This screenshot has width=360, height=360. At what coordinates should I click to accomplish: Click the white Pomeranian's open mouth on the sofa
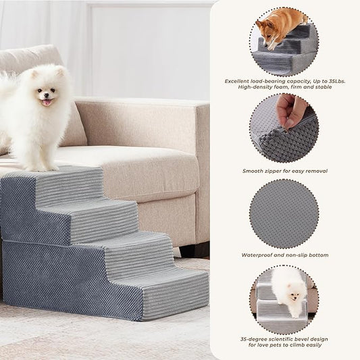pos(46,102)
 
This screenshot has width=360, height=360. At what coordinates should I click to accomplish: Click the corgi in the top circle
pos(278,27)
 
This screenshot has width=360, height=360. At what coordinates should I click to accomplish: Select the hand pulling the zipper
pos(292,109)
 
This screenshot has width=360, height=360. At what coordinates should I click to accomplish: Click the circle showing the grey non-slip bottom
pos(284,213)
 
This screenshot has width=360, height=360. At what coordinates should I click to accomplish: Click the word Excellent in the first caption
pos(239,81)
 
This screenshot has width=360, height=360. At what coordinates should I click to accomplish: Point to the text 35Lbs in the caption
pos(332,81)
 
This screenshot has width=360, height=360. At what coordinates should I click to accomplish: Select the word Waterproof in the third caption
pos(258,255)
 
